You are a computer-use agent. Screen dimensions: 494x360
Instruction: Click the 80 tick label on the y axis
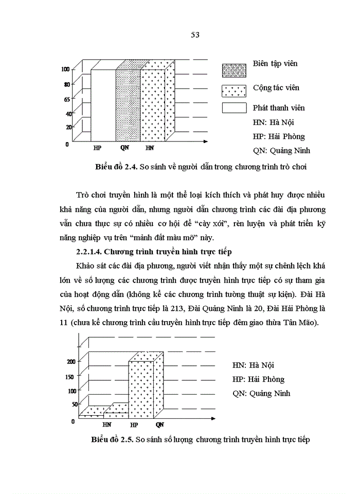67,84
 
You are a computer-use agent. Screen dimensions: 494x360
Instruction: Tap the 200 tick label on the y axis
70,361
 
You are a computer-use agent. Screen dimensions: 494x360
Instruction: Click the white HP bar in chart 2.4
103,105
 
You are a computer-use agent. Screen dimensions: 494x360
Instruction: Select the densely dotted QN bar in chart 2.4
128,105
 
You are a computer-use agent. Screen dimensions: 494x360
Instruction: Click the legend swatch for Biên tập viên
234,70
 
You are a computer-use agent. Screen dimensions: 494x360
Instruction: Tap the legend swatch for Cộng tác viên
234,91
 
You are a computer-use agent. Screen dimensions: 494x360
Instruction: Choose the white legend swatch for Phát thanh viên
234,108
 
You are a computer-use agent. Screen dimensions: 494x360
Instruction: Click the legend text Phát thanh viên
279,108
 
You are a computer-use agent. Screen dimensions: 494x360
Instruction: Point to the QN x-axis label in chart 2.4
124,148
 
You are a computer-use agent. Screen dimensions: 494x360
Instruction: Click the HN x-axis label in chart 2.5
107,425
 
